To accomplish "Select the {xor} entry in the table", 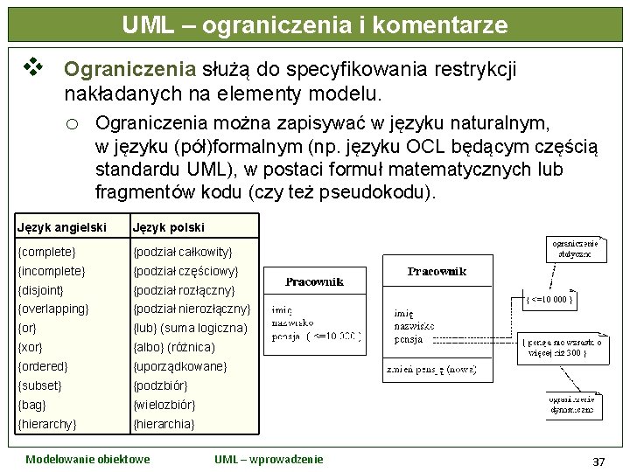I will coord(32,348).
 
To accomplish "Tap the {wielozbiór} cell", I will coord(164,406).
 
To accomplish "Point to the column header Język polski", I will coord(168,227).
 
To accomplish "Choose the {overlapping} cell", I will coord(53,309).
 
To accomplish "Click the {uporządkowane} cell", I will coord(179,367).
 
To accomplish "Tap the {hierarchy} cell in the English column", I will coord(48,425).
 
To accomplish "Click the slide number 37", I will coord(598,461).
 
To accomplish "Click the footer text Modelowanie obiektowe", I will coord(87,459).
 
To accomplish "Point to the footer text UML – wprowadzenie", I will coord(269,459).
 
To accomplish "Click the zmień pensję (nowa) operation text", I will coord(430,371).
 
